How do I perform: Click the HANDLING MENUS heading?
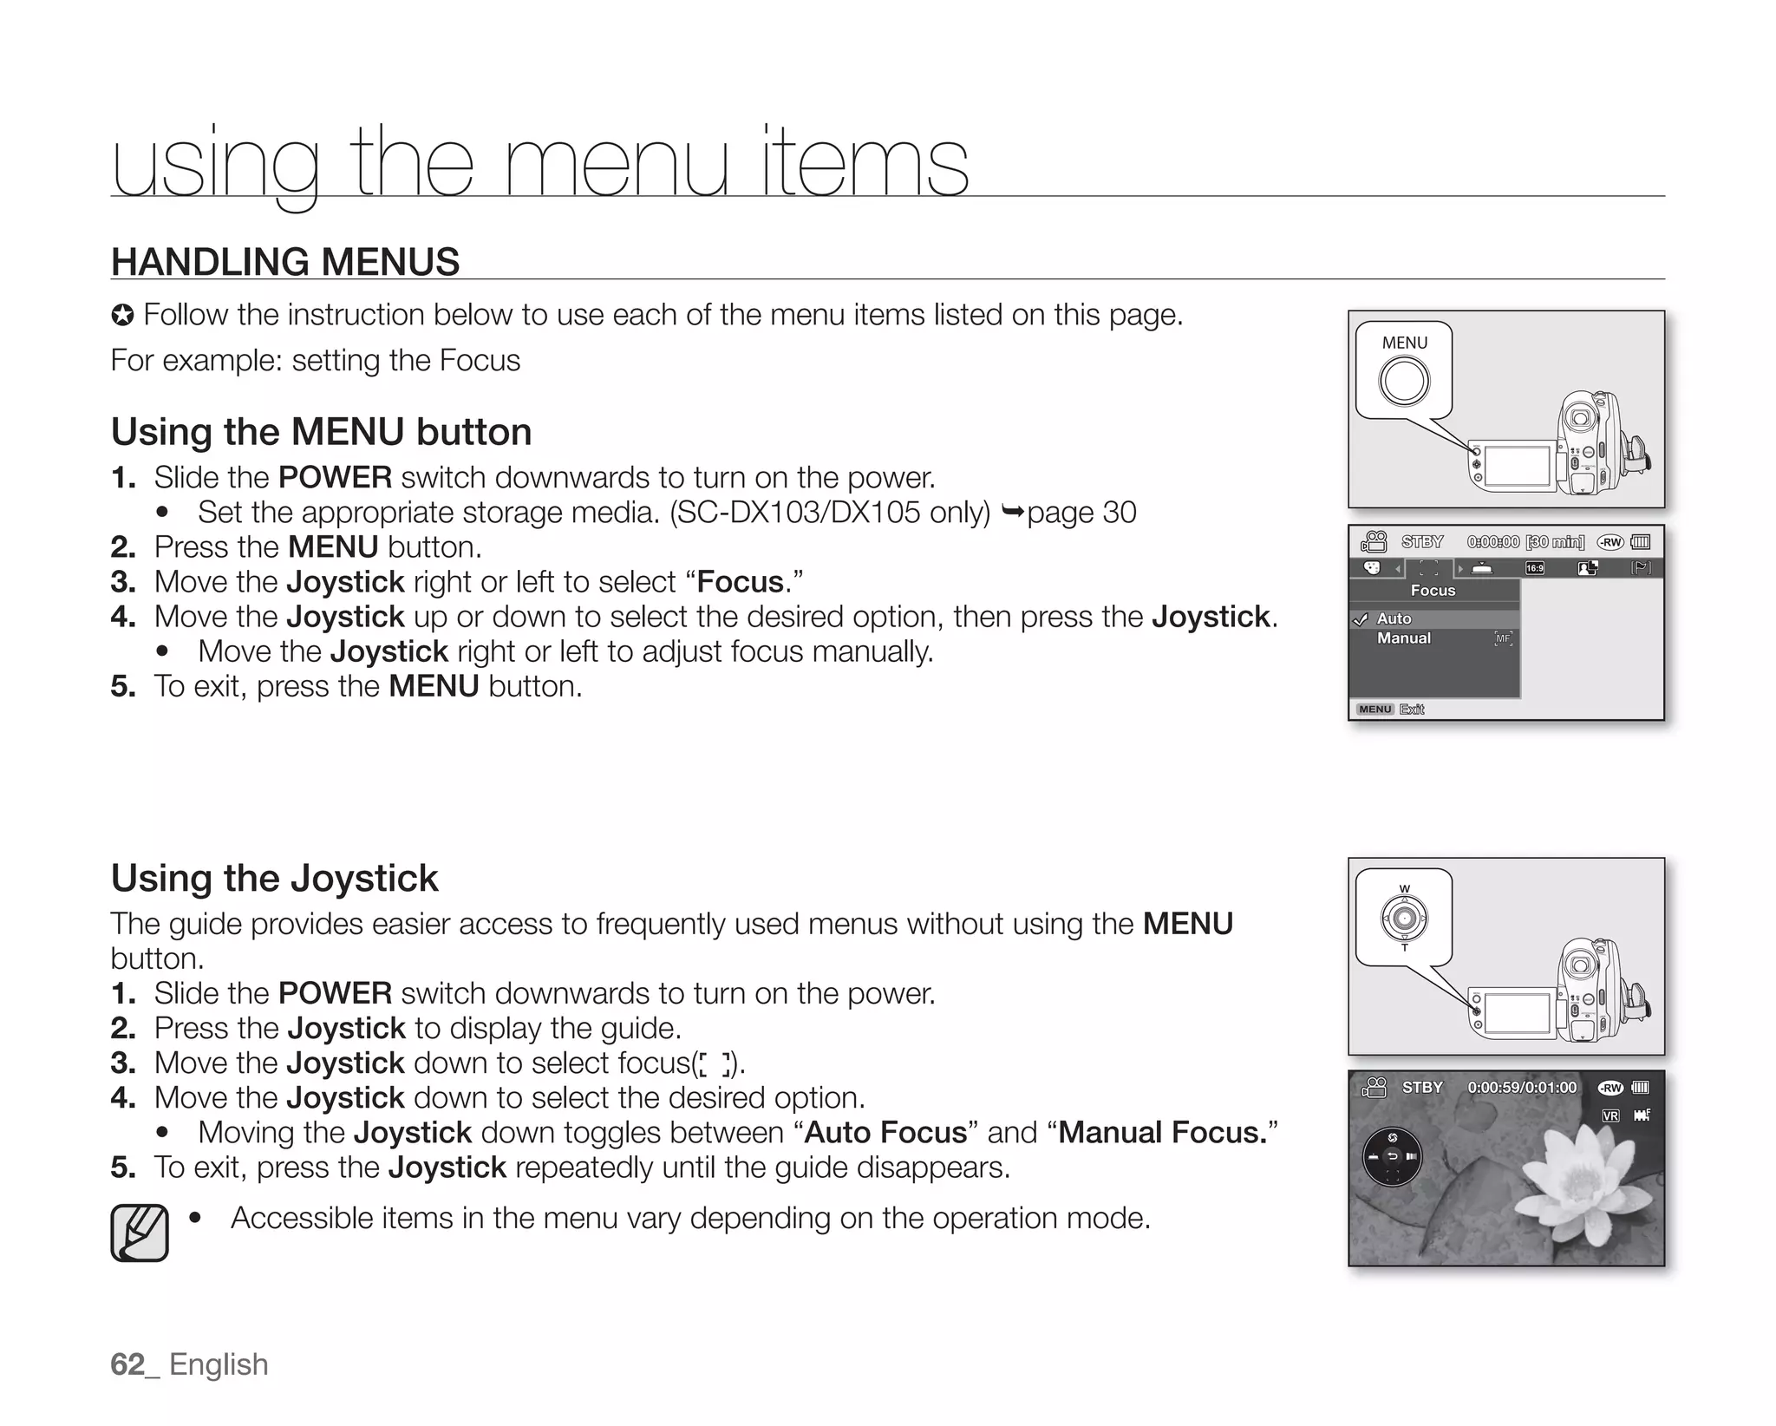285,262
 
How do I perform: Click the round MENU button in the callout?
1404,381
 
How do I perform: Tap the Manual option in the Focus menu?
1403,638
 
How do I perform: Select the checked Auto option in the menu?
1394,618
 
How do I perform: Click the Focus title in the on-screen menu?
1433,591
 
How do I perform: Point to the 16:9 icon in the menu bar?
1534,568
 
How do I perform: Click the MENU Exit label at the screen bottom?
1390,710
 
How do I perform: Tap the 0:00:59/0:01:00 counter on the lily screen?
1522,1088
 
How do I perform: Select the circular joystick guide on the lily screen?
1392,1157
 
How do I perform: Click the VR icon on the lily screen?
1610,1115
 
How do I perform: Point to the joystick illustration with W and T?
1404,918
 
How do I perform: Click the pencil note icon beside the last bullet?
140,1233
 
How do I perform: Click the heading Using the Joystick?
274,878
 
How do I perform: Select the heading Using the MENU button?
321,431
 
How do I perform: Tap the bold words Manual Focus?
1163,1132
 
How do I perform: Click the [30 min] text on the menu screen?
1555,542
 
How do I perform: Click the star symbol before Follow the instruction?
122,316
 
